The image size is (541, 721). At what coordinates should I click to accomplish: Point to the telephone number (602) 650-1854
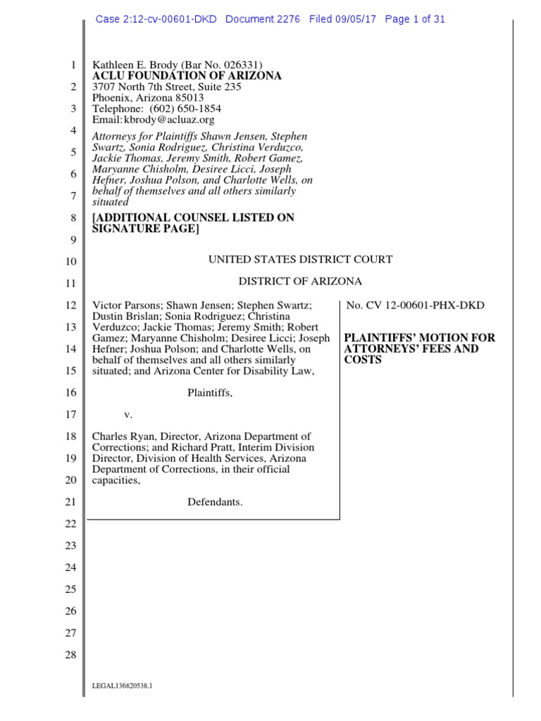[182, 109]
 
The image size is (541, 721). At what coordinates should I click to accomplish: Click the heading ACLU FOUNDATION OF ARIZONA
[187, 76]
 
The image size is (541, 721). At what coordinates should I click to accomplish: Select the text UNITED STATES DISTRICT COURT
[300, 260]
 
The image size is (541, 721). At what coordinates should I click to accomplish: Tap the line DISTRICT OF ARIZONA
[300, 282]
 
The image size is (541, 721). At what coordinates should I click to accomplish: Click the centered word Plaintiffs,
[210, 393]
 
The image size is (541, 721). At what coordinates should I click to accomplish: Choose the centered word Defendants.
[215, 502]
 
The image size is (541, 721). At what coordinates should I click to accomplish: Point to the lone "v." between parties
[128, 415]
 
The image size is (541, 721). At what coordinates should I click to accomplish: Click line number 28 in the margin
[70, 656]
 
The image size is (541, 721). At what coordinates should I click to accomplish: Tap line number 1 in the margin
[73, 65]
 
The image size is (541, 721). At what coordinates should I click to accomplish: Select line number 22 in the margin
[70, 525]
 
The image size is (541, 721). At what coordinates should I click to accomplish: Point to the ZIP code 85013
[187, 98]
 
